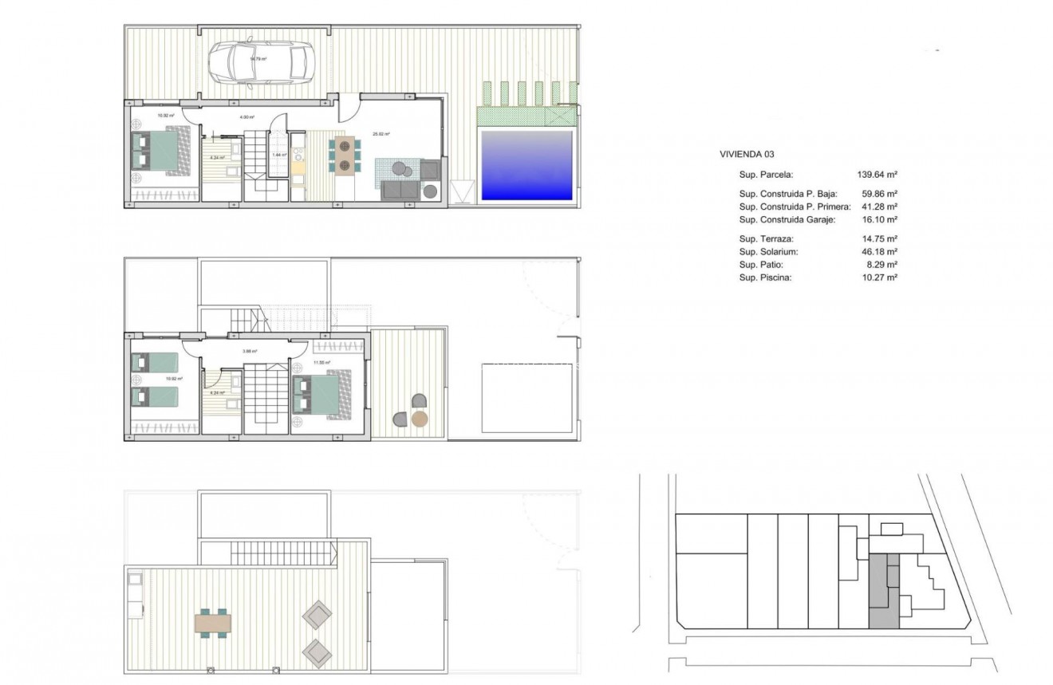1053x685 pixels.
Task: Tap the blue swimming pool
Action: [x=526, y=165]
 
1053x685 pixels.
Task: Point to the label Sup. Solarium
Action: [x=769, y=251]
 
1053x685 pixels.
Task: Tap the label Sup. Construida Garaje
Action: [x=787, y=219]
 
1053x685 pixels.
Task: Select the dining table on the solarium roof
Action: [x=213, y=621]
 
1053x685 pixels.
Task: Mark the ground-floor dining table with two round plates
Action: [x=345, y=156]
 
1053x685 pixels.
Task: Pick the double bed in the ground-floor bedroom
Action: [x=160, y=151]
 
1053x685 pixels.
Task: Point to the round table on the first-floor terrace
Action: [x=419, y=419]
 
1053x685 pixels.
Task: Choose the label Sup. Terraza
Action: [x=767, y=238]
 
